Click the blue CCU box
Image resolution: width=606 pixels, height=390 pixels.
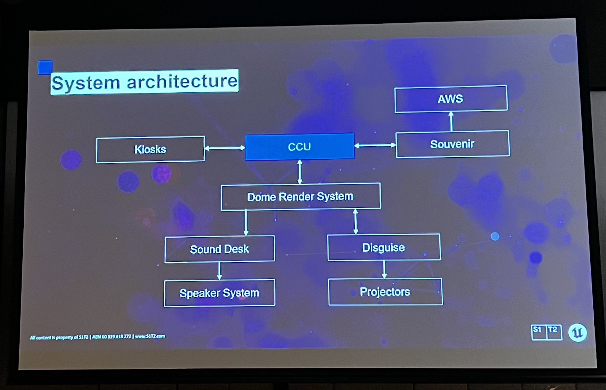[300, 147]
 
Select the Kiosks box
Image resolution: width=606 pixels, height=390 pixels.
[150, 149]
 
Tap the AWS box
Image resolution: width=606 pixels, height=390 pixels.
[451, 99]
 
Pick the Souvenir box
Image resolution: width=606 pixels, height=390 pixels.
[452, 144]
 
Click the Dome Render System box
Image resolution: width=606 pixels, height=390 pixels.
[300, 197]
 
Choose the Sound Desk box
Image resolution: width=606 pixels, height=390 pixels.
[219, 249]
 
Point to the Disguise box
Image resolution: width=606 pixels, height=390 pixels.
[384, 247]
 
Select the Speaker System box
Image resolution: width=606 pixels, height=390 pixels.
[219, 293]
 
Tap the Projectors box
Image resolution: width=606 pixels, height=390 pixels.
[385, 292]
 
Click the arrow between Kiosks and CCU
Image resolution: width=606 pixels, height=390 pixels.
[225, 148]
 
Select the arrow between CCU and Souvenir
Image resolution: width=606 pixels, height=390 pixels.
[375, 145]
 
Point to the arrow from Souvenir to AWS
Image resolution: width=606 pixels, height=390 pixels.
[451, 121]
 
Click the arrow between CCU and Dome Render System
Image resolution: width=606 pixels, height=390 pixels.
[300, 172]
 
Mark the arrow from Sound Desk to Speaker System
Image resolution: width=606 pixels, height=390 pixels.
[220, 271]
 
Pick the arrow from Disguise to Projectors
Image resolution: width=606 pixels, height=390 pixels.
[384, 269]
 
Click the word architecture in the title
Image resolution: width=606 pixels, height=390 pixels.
[182, 81]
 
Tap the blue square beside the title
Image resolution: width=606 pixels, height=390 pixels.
[45, 67]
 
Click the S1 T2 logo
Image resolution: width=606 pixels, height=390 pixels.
[547, 332]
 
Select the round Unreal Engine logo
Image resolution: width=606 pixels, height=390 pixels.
[578, 333]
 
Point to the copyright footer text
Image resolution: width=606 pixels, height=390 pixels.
[98, 337]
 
